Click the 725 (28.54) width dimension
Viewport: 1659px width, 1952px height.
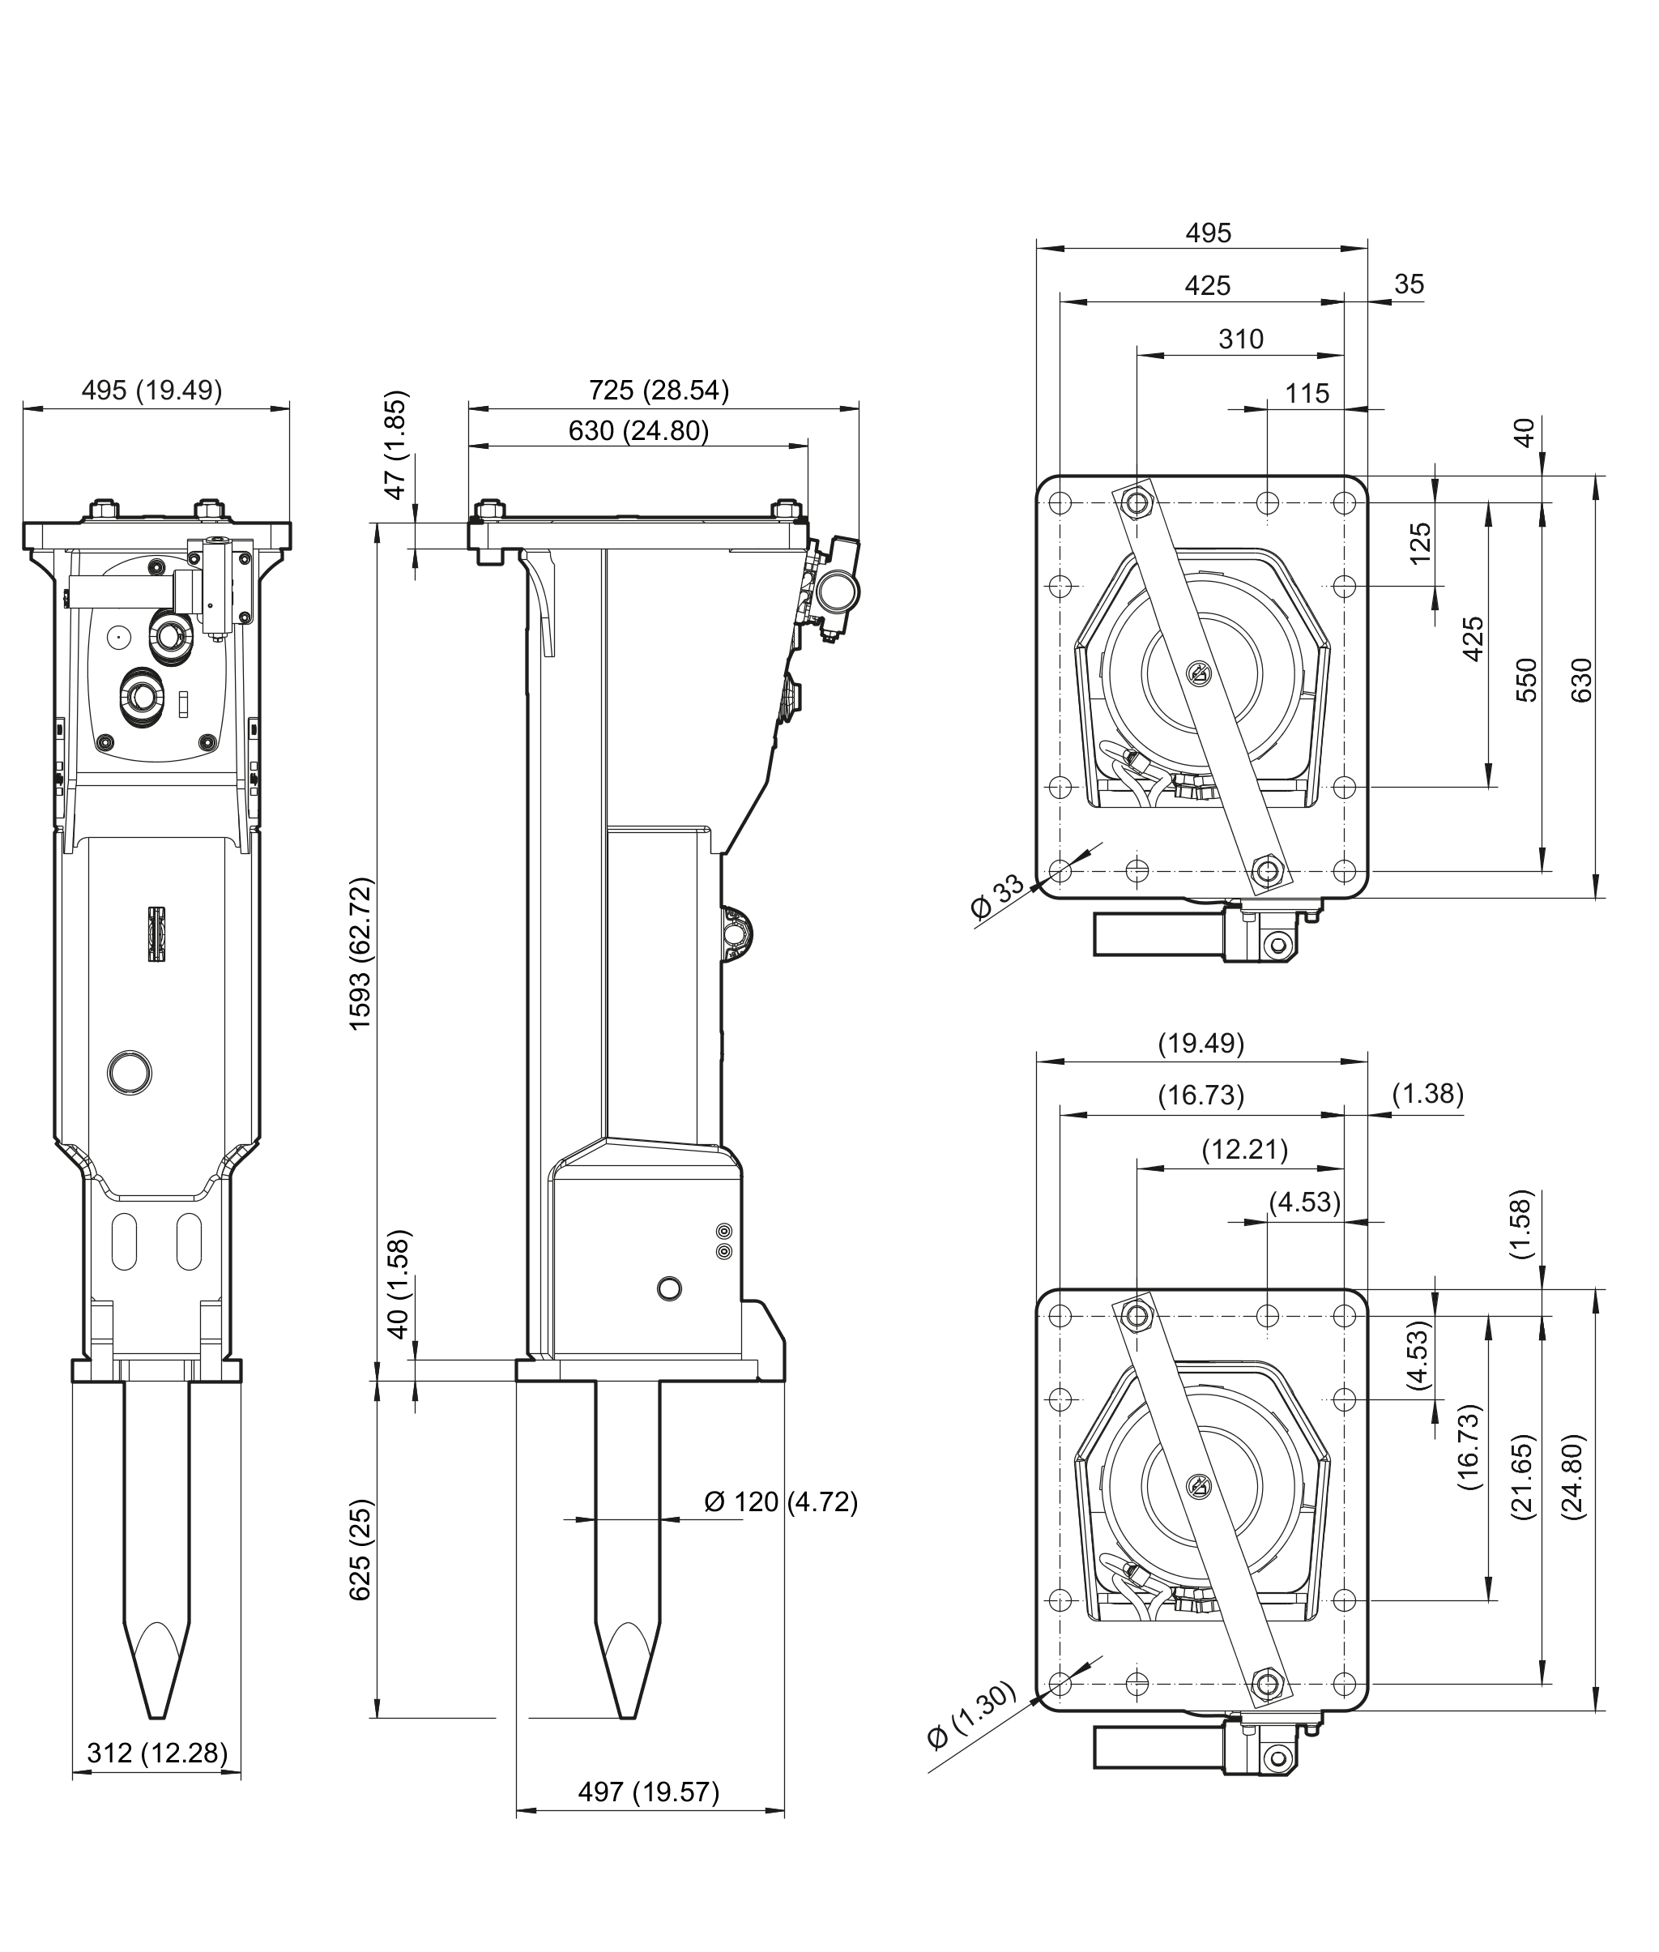pyautogui.click(x=659, y=391)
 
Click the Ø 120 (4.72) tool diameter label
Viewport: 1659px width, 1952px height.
pyautogui.click(x=781, y=1501)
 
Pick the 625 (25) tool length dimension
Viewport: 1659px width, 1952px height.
pyautogui.click(x=361, y=1549)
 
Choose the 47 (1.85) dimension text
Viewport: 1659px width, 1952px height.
pyautogui.click(x=397, y=444)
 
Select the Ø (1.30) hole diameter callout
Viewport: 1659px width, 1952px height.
pyautogui.click(x=971, y=1714)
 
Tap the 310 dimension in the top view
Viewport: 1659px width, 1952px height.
pyautogui.click(x=1240, y=339)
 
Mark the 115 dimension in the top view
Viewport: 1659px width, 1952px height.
pyautogui.click(x=1307, y=393)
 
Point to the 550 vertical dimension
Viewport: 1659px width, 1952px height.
pyautogui.click(x=1527, y=679)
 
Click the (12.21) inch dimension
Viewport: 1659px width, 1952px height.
pyautogui.click(x=1244, y=1150)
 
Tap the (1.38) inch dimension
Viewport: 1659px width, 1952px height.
pyautogui.click(x=1427, y=1093)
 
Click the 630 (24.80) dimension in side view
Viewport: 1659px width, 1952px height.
pyautogui.click(x=638, y=431)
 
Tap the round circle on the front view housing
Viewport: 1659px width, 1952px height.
pyautogui.click(x=130, y=1071)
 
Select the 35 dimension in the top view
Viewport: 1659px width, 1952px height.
pyautogui.click(x=1409, y=284)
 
